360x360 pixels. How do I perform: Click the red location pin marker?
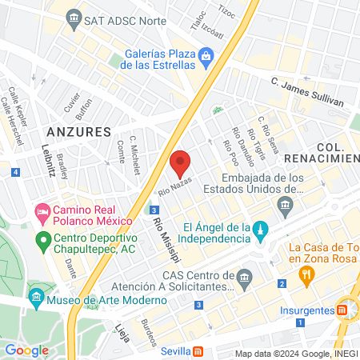[x=181, y=162]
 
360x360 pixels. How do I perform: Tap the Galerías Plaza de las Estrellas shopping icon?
[x=206, y=55]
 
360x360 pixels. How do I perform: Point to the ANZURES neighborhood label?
[x=78, y=130]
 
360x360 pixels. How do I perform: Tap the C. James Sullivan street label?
[x=306, y=92]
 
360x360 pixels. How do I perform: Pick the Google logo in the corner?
[x=26, y=350]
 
